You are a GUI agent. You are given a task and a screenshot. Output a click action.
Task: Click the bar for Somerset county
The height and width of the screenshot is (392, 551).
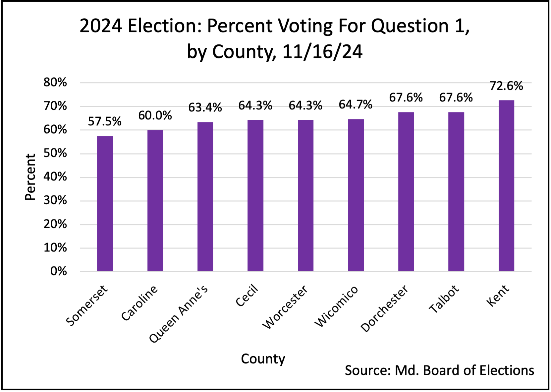pos(105,204)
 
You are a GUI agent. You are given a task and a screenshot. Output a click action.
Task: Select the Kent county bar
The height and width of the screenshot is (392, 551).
pos(506,186)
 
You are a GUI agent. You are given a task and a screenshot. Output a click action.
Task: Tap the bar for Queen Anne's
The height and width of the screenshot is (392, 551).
pos(205,197)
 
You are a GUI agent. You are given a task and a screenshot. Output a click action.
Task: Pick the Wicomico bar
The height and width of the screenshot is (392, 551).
pos(356,195)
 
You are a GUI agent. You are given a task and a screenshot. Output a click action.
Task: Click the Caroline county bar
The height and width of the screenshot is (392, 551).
pos(155,201)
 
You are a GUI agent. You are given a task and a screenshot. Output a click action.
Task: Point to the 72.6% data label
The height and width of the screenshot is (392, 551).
pos(506,86)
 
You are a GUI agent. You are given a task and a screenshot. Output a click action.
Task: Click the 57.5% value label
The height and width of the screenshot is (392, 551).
pos(105,122)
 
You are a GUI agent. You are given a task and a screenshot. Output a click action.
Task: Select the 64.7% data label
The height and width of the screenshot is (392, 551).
pos(356,105)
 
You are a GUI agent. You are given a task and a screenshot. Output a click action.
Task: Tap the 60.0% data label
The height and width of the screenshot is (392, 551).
pos(155,115)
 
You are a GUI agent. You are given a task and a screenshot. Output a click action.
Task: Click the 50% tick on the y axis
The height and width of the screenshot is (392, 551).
pos(55,154)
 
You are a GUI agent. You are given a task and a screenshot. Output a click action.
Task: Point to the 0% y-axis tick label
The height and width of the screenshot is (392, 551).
pos(58,272)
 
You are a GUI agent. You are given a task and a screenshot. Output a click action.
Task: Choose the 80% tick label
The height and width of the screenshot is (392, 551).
pos(55,83)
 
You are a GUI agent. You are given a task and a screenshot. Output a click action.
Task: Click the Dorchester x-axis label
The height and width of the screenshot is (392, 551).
pos(384,308)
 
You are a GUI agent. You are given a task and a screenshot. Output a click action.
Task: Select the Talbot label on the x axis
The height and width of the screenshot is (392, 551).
pos(444,299)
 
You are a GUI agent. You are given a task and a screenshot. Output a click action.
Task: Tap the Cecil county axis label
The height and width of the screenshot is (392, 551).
pos(247,295)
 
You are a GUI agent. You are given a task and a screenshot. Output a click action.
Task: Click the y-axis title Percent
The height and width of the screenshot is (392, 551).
pos(30,177)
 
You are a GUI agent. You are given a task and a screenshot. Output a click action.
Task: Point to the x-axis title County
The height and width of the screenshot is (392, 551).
pos(263,359)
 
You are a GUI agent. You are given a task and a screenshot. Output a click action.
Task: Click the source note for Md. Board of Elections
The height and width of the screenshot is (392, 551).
pos(439,370)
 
